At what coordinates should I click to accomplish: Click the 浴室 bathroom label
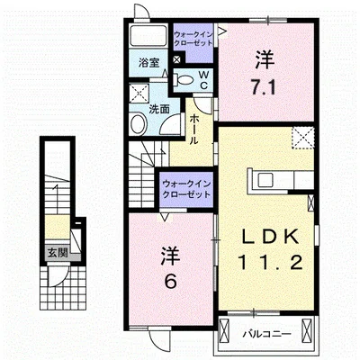[x=148, y=63]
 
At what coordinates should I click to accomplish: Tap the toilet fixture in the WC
[x=184, y=79]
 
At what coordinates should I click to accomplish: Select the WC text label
[x=203, y=79]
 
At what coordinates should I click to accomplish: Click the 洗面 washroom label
[x=159, y=110]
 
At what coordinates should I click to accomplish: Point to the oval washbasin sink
[x=139, y=123]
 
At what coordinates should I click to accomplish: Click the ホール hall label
[x=194, y=130]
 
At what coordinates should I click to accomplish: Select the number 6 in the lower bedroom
[x=171, y=281]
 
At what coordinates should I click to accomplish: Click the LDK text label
[x=270, y=237]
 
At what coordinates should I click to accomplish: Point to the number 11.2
[x=270, y=263]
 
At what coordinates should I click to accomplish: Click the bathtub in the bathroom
[x=148, y=36]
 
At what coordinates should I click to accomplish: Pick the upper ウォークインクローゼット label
[x=193, y=39]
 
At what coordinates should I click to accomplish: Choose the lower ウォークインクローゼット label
[x=186, y=189]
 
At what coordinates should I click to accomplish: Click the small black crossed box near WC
[x=177, y=59]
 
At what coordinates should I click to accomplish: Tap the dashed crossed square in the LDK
[x=303, y=138]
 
